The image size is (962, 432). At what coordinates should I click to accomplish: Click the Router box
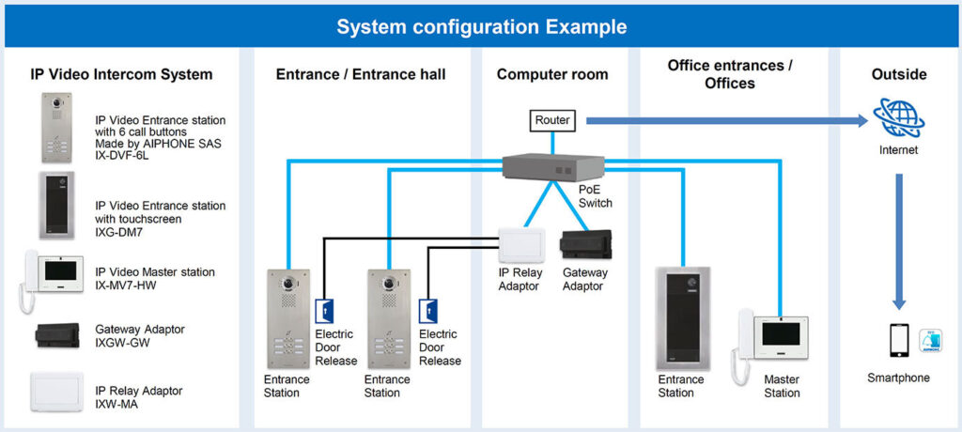(x=552, y=120)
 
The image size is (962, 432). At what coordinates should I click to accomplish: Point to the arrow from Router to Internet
(x=723, y=120)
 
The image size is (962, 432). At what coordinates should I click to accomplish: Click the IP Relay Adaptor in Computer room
(x=520, y=245)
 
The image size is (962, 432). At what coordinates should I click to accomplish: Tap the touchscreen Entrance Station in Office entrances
(x=682, y=318)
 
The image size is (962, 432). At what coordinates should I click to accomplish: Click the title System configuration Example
(x=482, y=27)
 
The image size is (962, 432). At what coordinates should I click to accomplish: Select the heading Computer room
(x=552, y=74)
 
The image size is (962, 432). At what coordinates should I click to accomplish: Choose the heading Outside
(x=898, y=74)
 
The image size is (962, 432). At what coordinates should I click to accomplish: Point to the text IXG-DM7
(x=120, y=231)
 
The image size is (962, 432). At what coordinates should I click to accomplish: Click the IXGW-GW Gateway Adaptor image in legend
(x=59, y=335)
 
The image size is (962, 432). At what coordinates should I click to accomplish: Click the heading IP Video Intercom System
(x=121, y=74)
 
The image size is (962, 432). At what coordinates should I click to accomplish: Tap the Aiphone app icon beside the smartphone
(x=930, y=340)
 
